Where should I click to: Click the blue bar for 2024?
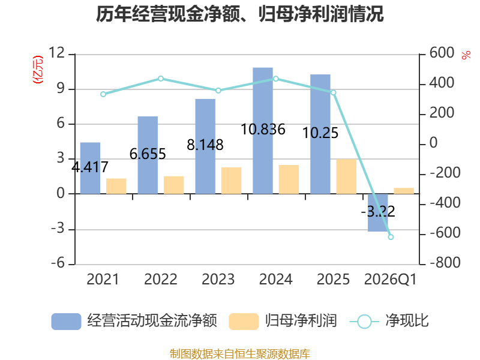click(x=263, y=131)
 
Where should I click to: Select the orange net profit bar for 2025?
click(x=346, y=176)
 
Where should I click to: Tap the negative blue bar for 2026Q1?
click(x=378, y=212)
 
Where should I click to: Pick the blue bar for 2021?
click(x=91, y=168)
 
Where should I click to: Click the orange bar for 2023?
click(x=231, y=181)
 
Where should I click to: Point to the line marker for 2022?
click(x=161, y=79)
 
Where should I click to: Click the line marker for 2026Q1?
click(x=391, y=237)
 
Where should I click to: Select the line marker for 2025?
click(x=334, y=92)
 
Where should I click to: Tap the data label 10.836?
click(x=263, y=129)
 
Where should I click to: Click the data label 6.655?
click(x=148, y=154)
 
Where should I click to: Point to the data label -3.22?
click(x=378, y=211)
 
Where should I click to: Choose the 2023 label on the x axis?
click(x=218, y=279)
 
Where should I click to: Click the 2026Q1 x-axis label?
click(x=391, y=280)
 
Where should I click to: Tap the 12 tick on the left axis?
click(x=56, y=53)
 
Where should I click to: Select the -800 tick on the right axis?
click(x=445, y=263)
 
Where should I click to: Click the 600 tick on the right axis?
click(x=442, y=53)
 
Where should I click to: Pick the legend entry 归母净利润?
click(x=283, y=321)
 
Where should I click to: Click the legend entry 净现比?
click(x=389, y=321)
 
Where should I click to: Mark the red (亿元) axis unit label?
click(x=38, y=70)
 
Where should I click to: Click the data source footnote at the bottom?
click(x=240, y=354)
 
